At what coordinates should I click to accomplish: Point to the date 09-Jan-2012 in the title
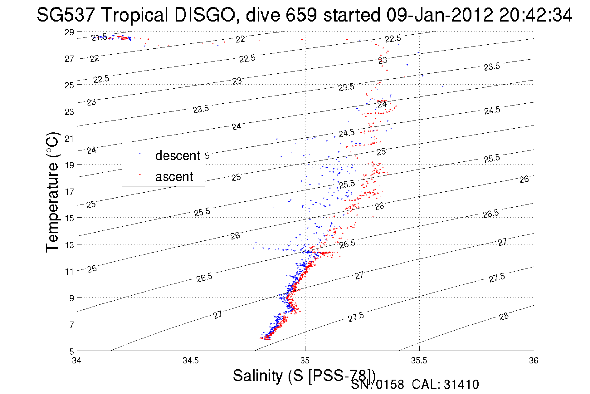pyautogui.click(x=440, y=15)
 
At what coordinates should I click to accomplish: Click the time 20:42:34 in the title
pyautogui.click(x=535, y=15)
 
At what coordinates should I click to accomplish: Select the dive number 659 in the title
pyautogui.click(x=301, y=15)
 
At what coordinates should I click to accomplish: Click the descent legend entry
pyautogui.click(x=177, y=156)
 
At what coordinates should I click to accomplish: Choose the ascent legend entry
pyautogui.click(x=174, y=177)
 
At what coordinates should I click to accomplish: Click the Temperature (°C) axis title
pyautogui.click(x=52, y=192)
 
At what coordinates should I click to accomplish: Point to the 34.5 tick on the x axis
pyautogui.click(x=191, y=361)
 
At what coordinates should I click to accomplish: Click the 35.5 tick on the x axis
pyautogui.click(x=419, y=361)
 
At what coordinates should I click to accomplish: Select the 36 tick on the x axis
pyautogui.click(x=534, y=361)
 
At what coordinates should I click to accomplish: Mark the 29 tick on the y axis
pyautogui.click(x=69, y=32)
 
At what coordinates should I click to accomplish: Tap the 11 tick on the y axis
pyautogui.click(x=69, y=272)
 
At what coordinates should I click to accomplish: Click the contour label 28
pyautogui.click(x=504, y=316)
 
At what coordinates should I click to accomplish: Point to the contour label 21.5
pyautogui.click(x=99, y=37)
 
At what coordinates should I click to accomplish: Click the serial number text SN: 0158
pyautogui.click(x=377, y=385)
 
